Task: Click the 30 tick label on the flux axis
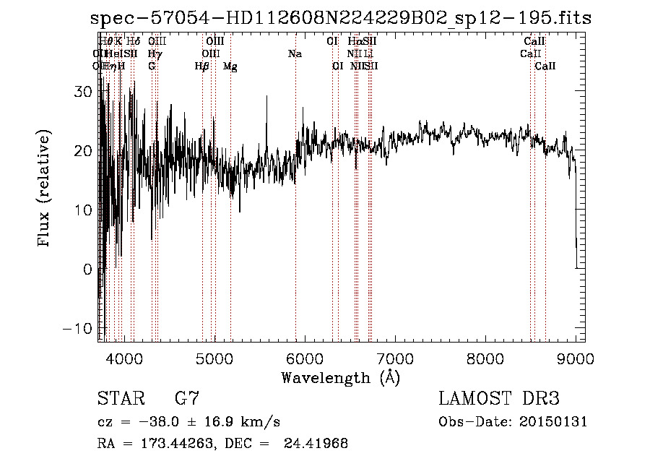[x=84, y=92]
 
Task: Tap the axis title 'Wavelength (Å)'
[x=340, y=377]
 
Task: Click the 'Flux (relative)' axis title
[x=44, y=190]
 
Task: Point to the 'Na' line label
[x=295, y=54]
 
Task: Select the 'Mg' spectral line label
[x=230, y=66]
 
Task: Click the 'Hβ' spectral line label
[x=202, y=66]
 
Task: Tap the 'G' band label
[x=152, y=66]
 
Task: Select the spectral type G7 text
[x=187, y=399]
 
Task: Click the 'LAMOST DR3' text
[x=499, y=399]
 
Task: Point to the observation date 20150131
[x=552, y=422]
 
